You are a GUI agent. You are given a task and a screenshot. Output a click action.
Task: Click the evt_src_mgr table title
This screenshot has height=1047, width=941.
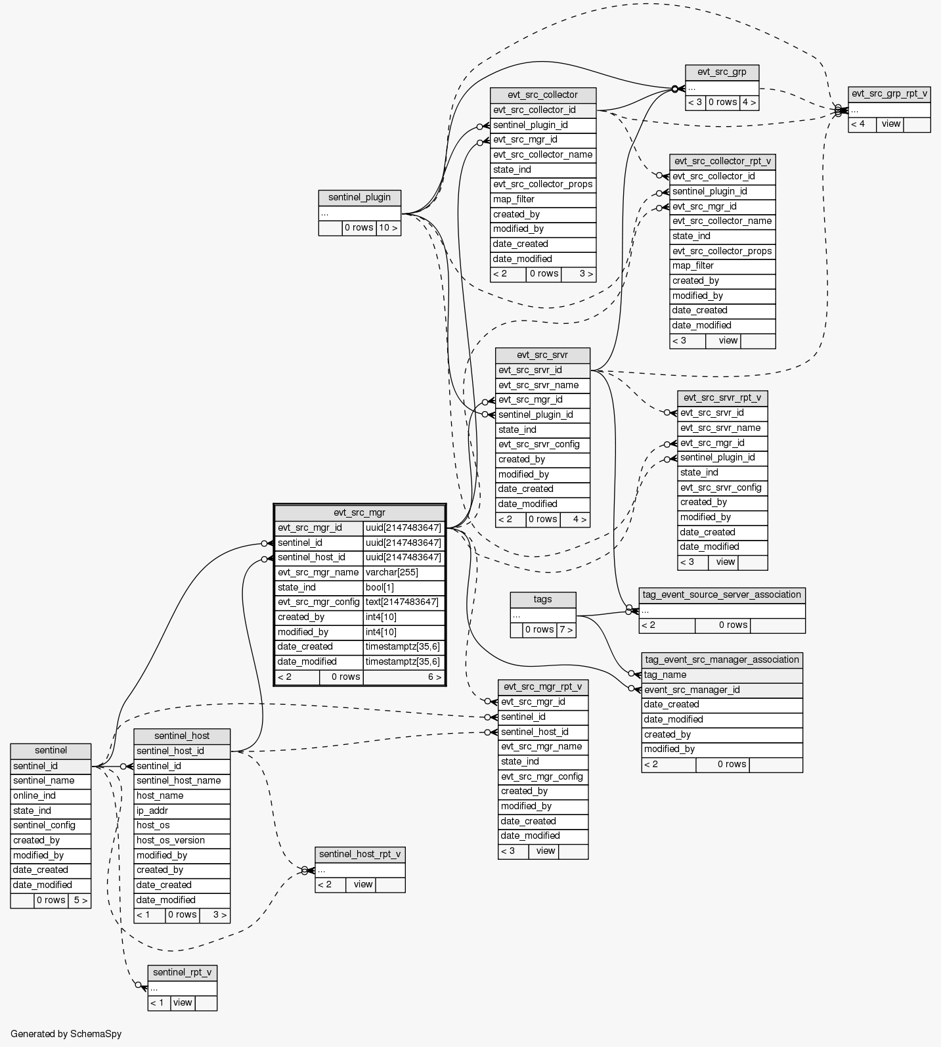pos(359,512)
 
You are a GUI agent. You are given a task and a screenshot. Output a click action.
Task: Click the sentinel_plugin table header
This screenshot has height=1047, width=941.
pos(359,197)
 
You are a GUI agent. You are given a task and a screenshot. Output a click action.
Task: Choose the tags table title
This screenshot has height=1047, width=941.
pos(542,599)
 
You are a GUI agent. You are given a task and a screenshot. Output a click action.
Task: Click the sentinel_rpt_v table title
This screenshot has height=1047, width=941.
pos(182,972)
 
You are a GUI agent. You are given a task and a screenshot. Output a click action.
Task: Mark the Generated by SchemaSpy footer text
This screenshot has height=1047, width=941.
pos(66,1034)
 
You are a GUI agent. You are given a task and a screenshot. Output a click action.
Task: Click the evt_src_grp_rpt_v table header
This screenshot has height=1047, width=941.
pos(889,94)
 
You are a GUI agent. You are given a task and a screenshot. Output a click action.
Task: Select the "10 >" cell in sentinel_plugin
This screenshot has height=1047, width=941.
pos(387,228)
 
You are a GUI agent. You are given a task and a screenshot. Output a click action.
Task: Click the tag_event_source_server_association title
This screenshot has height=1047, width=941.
pos(722,594)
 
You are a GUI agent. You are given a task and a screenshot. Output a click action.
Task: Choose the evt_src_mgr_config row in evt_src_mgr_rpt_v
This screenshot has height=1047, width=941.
pos(542,776)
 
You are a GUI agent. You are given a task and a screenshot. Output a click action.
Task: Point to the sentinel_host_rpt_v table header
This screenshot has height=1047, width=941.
pos(359,854)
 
